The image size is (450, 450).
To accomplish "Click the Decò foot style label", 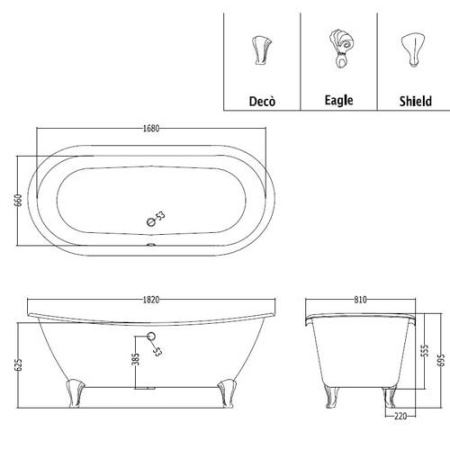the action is tap(262, 101).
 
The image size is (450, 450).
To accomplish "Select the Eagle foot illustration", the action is tap(341, 49).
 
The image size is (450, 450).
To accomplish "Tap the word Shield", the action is tap(415, 101).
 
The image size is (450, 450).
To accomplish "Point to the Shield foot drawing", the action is tap(413, 50).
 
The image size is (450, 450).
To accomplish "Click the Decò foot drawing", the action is tap(261, 50).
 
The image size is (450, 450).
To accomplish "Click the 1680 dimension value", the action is tap(151, 128).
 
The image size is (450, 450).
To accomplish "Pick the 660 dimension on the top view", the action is tap(19, 200).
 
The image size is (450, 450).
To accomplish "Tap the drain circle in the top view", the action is tap(151, 222).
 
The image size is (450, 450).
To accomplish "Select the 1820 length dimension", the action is tap(151, 300).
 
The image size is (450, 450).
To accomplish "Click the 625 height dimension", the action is tap(19, 365).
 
